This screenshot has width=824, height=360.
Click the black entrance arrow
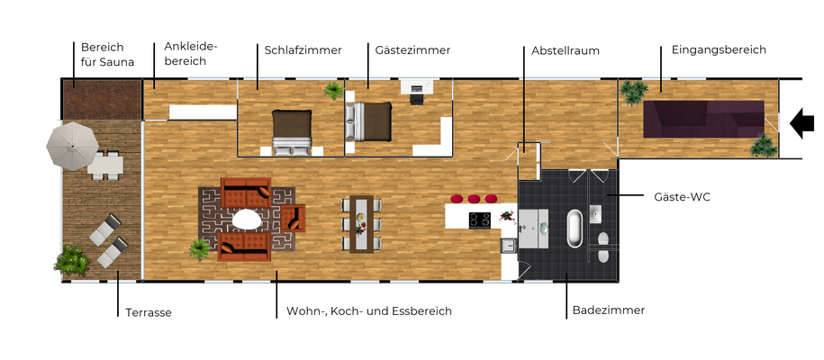coord(801,123)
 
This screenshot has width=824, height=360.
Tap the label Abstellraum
coord(565,50)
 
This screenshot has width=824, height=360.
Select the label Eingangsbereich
coord(719,50)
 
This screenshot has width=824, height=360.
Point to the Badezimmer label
coord(608,310)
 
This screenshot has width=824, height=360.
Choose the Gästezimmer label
coord(412,50)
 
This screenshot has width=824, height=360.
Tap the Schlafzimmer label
coord(303,50)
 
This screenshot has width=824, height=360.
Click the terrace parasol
coord(72,144)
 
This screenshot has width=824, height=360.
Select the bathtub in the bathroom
coord(573,229)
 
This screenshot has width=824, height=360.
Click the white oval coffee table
coord(247,219)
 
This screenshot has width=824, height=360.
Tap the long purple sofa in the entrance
coord(702,119)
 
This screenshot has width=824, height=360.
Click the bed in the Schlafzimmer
coord(292,130)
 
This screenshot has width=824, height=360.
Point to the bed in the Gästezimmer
coord(369,122)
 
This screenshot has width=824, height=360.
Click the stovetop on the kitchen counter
coord(479,219)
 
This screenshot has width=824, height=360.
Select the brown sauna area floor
coord(101,99)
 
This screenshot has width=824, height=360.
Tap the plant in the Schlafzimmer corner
coord(334,91)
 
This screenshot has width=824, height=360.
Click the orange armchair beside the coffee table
coord(294,218)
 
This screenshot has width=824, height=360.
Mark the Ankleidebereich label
coord(190,53)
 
